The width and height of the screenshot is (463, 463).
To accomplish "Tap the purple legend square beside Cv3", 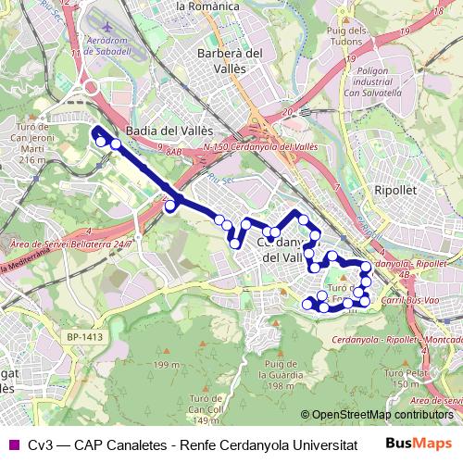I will pyautogui.click(x=12, y=444).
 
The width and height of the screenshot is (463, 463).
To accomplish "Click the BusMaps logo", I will pyautogui.click(x=424, y=443).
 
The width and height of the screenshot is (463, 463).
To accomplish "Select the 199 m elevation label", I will pyautogui.click(x=167, y=366).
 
